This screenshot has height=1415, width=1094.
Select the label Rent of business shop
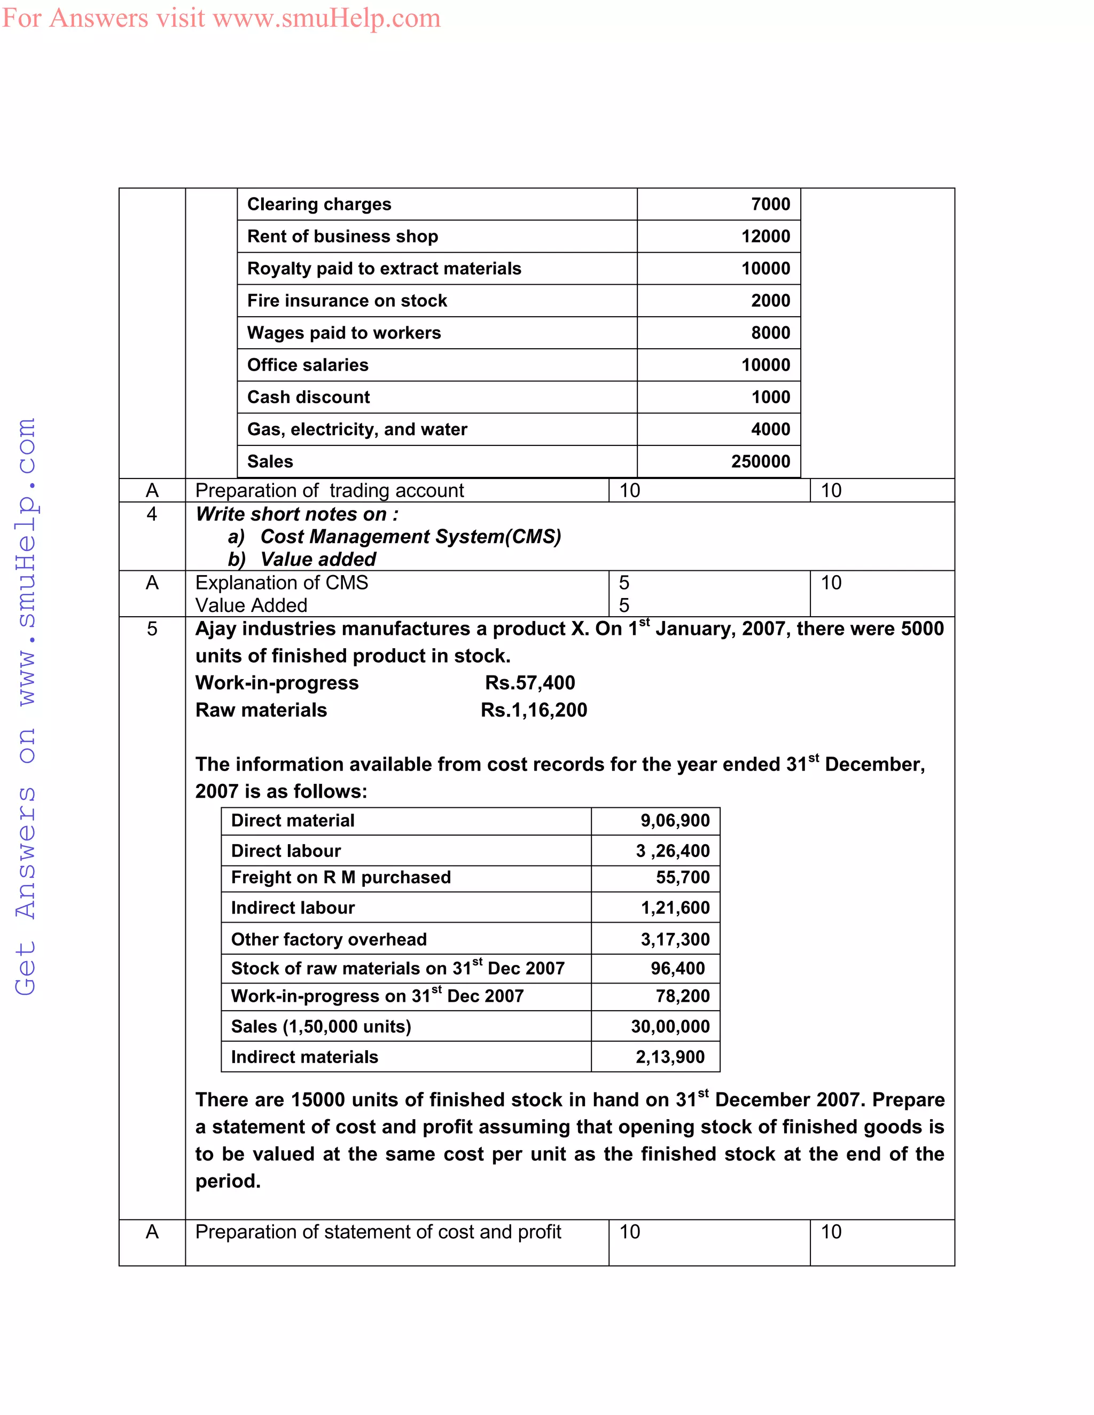click(342, 237)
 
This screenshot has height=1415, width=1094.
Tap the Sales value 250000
click(760, 461)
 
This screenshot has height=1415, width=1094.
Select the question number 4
click(152, 514)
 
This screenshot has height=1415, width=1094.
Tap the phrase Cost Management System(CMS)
click(410, 537)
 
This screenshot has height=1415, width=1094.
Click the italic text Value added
click(318, 559)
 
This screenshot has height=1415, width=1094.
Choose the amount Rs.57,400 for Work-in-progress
click(529, 683)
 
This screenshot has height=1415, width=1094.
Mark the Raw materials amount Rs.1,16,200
click(534, 710)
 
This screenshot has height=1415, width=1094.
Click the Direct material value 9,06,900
click(675, 821)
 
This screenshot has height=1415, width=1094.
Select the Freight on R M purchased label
click(341, 877)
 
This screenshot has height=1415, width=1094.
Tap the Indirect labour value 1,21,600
click(675, 908)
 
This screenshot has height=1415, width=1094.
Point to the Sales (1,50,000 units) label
click(321, 1026)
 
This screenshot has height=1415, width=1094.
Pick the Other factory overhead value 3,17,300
click(675, 939)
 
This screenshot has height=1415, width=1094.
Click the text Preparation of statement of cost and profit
click(378, 1232)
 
